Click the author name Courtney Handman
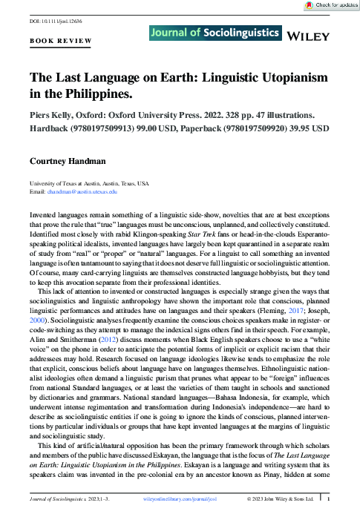pos(68,160)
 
